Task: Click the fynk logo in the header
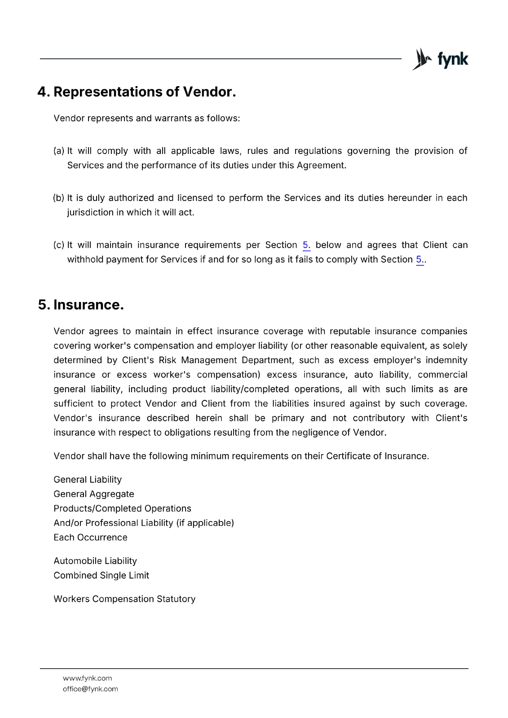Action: click(x=440, y=59)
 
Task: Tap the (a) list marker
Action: click(x=59, y=151)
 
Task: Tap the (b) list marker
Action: click(x=59, y=198)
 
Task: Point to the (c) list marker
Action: click(x=59, y=245)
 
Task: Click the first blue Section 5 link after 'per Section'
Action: click(x=306, y=245)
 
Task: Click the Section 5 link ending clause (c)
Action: click(x=420, y=260)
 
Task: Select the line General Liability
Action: click(x=88, y=480)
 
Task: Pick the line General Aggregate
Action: click(x=94, y=494)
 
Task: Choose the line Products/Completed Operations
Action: click(x=122, y=508)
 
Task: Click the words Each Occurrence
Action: click(x=90, y=538)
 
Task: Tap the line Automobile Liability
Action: click(x=95, y=561)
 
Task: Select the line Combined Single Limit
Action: click(x=101, y=575)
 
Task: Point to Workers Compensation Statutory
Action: click(x=124, y=599)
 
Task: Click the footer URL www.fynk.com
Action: click(x=87, y=678)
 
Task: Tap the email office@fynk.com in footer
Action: click(x=90, y=689)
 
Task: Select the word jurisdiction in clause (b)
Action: click(x=90, y=213)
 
